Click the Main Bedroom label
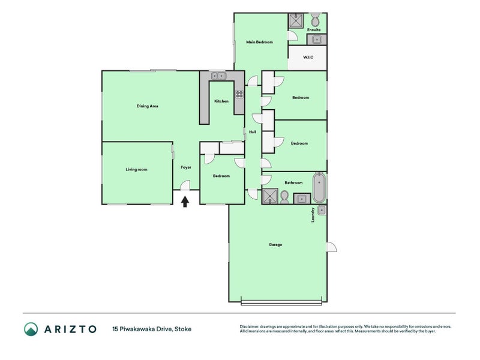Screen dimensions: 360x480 tap(259, 42)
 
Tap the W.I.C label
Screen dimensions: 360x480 tap(308, 58)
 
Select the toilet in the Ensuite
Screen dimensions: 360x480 tap(316, 20)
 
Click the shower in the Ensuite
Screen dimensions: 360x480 tap(295, 22)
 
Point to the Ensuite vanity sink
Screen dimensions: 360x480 tap(316, 40)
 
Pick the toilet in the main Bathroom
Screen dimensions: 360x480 tap(285, 197)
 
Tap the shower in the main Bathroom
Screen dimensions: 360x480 tap(270, 196)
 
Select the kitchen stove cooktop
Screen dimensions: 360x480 tap(239, 94)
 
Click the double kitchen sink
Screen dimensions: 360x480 tap(218, 76)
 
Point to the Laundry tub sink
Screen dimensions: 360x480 tap(321, 210)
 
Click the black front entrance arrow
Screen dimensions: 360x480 tap(185, 202)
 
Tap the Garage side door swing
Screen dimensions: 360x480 tap(331, 247)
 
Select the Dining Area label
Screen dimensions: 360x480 tap(147, 106)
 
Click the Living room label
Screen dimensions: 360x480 tap(136, 169)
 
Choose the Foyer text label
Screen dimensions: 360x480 tap(185, 168)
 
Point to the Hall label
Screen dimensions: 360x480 tap(253, 132)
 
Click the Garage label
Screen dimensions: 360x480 tap(275, 244)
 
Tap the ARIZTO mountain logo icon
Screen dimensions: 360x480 tap(31, 329)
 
